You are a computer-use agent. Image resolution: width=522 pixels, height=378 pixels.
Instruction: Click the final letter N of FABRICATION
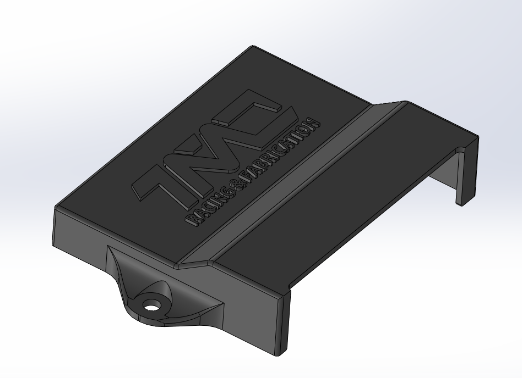click(x=314, y=123)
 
